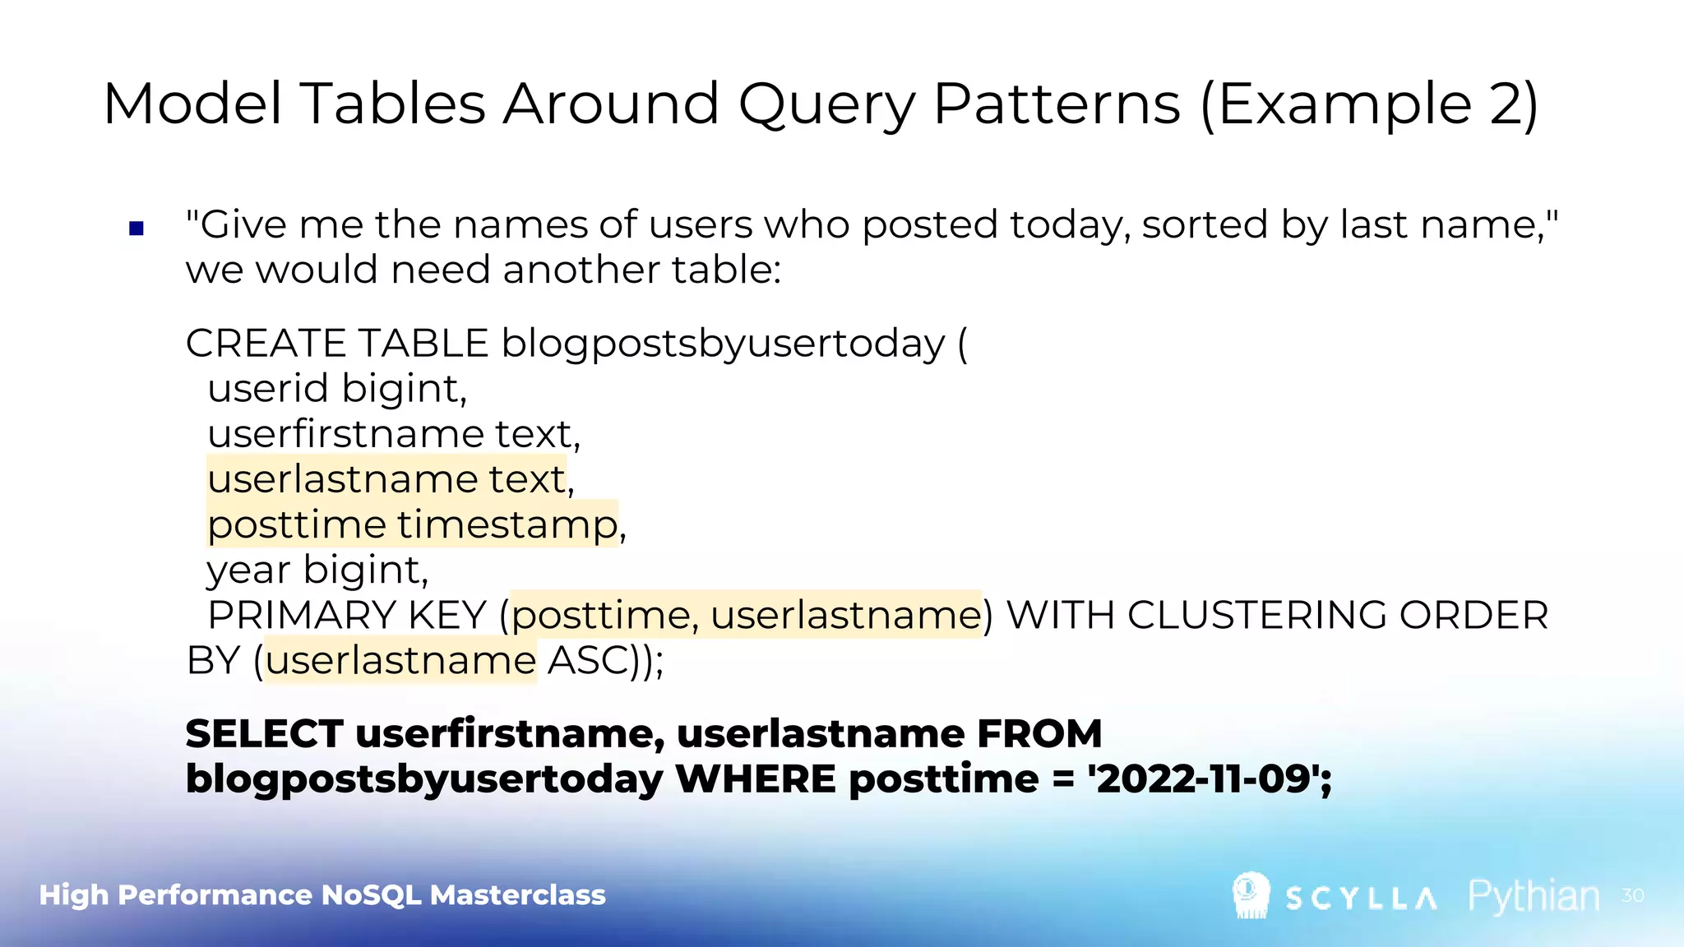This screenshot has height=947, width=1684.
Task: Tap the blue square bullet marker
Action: tap(136, 229)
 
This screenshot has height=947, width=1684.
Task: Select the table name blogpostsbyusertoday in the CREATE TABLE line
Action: tap(723, 344)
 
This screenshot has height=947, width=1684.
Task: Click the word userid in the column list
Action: tap(267, 389)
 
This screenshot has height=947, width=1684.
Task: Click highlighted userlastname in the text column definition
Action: tap(342, 479)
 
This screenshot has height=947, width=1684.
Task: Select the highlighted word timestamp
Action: tap(507, 524)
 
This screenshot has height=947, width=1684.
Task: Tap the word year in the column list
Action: tap(248, 571)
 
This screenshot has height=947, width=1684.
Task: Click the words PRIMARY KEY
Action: tap(347, 616)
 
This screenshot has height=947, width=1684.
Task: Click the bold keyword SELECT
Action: tap(264, 733)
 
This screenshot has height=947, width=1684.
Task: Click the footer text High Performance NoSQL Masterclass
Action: tap(322, 895)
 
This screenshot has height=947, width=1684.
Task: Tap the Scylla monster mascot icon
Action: tap(1251, 894)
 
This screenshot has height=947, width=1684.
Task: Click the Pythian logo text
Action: tap(1534, 896)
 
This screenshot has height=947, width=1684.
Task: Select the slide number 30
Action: tap(1632, 895)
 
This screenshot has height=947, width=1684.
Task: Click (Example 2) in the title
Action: tap(1368, 105)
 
